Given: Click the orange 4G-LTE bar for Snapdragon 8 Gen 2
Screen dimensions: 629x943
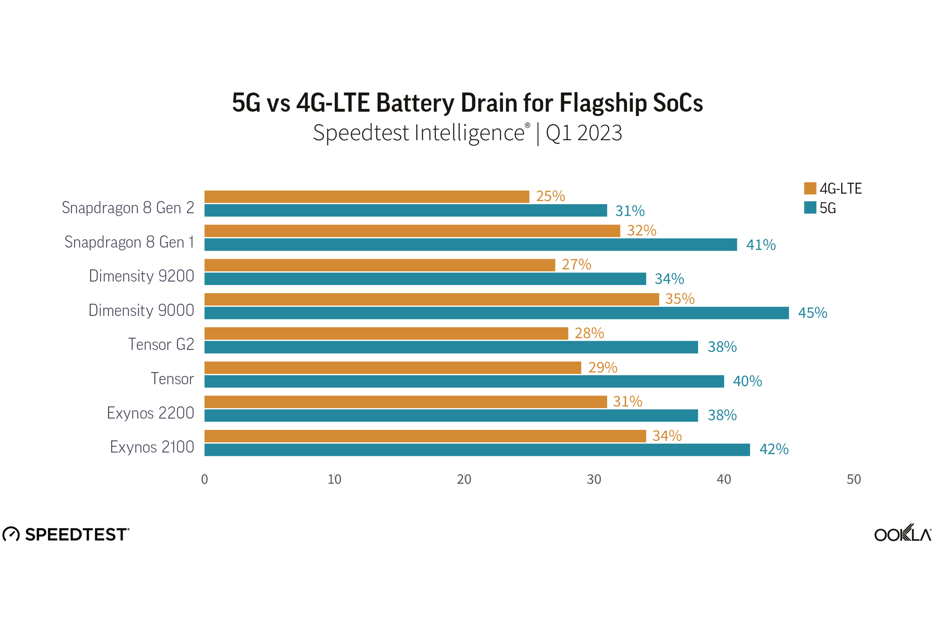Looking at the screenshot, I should (366, 196).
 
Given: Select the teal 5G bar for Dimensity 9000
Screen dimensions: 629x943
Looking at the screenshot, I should (496, 313).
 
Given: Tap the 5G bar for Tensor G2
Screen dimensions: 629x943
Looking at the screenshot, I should (451, 347).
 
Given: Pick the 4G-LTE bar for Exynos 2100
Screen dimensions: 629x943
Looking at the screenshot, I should (425, 436).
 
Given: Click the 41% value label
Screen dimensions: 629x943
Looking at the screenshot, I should (761, 244).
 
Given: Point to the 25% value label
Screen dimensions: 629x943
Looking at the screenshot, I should (550, 196).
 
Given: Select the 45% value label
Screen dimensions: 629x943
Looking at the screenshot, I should (812, 313).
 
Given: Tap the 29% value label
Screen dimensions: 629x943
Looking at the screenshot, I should (603, 367).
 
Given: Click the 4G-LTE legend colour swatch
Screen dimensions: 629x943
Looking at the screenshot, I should (810, 188).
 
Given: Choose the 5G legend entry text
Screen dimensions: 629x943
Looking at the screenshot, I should (827, 208).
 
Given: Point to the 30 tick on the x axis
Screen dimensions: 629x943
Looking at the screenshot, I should (594, 479).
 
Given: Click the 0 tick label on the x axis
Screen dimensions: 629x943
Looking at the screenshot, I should (204, 479).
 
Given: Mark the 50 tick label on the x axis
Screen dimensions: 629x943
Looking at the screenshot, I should (853, 479).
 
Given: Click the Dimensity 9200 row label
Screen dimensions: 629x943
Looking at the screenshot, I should (141, 276).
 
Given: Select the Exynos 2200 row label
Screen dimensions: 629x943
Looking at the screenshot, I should (150, 413).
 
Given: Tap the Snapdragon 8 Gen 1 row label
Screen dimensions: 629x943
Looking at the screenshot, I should (129, 242).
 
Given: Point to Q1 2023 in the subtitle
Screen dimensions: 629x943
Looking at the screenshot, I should (584, 133).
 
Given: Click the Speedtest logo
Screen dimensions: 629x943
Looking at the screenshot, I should (66, 534).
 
